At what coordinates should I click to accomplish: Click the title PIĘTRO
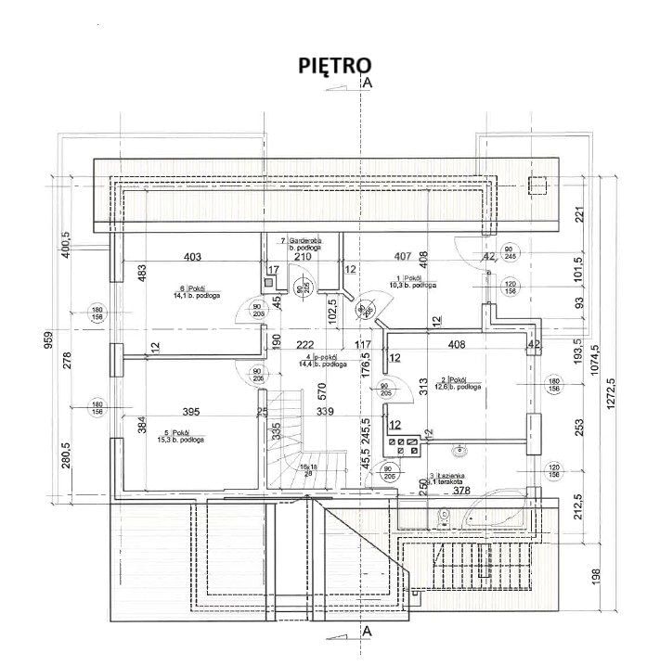point(334,65)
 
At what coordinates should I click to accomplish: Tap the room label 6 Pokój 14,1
point(188,292)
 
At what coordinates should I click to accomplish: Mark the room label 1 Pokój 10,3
point(409,282)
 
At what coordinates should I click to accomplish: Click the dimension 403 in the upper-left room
point(192,257)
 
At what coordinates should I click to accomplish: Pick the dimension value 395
point(190,411)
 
